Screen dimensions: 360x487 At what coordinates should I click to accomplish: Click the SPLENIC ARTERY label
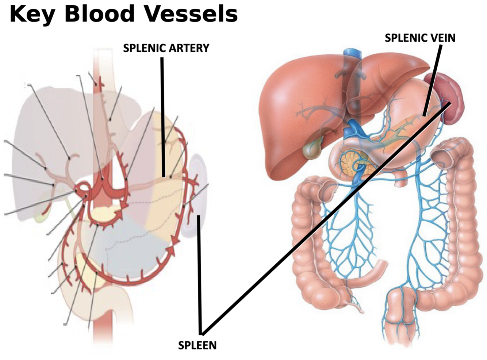point(166,48)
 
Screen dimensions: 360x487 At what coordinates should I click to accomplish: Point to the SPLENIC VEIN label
point(420,38)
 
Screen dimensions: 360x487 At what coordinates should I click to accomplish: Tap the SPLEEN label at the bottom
point(197,345)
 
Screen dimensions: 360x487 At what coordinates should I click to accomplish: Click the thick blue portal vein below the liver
point(353,128)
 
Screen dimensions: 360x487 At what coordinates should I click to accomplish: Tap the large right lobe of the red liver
point(292,110)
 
